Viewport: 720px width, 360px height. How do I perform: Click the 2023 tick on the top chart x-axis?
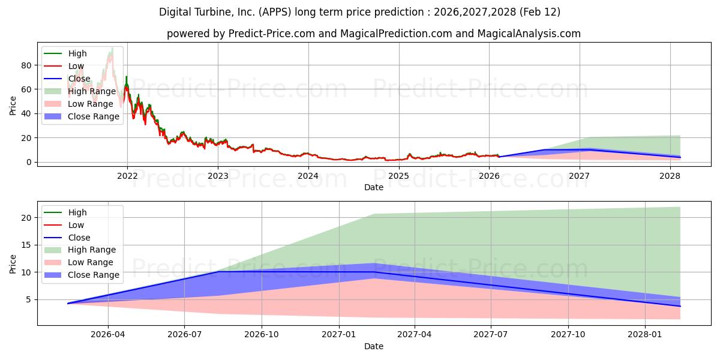pyautogui.click(x=218, y=176)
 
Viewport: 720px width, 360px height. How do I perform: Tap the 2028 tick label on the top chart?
pyautogui.click(x=670, y=176)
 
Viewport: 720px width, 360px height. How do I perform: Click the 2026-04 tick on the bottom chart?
pyautogui.click(x=108, y=335)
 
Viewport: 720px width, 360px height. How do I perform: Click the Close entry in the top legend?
pyautogui.click(x=79, y=79)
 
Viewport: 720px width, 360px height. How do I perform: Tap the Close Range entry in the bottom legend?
pyautogui.click(x=94, y=275)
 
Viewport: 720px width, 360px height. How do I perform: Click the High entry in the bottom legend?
pyautogui.click(x=77, y=212)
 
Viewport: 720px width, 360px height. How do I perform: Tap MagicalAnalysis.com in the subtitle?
pyautogui.click(x=529, y=34)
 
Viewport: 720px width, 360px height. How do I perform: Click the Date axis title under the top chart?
pyautogui.click(x=374, y=188)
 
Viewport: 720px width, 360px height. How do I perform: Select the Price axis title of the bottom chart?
pyautogui.click(x=13, y=263)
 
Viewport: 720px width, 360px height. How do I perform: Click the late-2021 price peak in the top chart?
pyautogui.click(x=112, y=48)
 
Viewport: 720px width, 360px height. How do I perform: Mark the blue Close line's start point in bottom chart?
pyautogui.click(x=68, y=304)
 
